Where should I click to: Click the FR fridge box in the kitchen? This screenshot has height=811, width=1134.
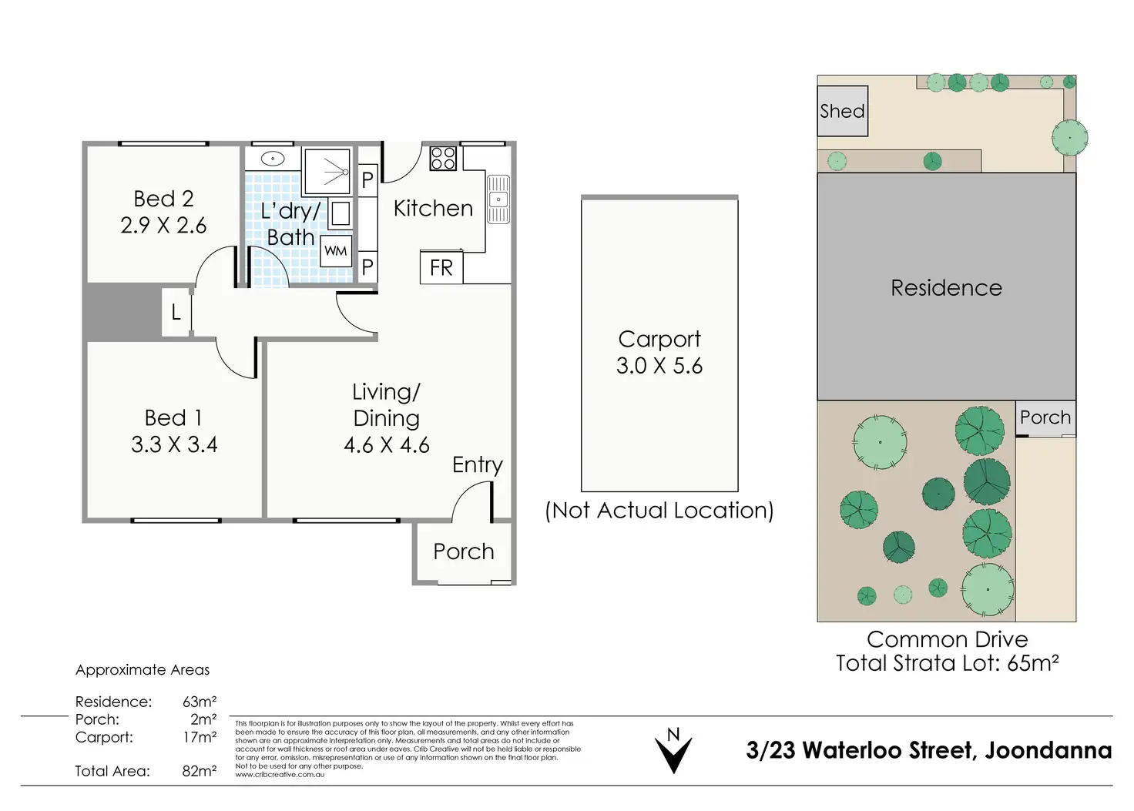pyautogui.click(x=441, y=266)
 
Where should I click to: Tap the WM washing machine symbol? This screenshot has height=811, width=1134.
pyautogui.click(x=336, y=250)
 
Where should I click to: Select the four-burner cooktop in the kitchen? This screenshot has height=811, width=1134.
pyautogui.click(x=443, y=158)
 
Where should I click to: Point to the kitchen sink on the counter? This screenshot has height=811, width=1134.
pyautogui.click(x=498, y=199)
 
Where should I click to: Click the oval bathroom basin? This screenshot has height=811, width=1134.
pyautogui.click(x=273, y=159)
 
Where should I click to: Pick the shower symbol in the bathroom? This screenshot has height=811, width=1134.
pyautogui.click(x=327, y=172)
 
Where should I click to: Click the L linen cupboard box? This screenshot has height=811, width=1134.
pyautogui.click(x=176, y=313)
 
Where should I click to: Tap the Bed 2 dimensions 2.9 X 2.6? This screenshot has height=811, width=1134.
pyautogui.click(x=163, y=225)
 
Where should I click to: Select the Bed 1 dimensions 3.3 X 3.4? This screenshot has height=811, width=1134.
pyautogui.click(x=174, y=444)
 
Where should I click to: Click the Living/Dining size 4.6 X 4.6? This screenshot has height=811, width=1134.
pyautogui.click(x=386, y=445)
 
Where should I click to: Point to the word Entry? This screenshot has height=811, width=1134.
pyautogui.click(x=478, y=465)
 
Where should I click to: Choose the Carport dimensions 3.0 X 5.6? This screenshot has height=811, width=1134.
pyautogui.click(x=659, y=366)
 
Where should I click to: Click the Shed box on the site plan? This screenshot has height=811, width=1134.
pyautogui.click(x=842, y=111)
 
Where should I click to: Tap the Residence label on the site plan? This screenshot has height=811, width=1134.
pyautogui.click(x=946, y=288)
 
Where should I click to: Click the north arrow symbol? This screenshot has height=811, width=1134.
pyautogui.click(x=673, y=750)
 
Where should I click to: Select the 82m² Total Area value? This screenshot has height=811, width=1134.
pyautogui.click(x=200, y=770)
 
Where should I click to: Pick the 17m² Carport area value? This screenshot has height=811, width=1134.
pyautogui.click(x=200, y=736)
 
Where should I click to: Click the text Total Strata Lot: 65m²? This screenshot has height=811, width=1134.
pyautogui.click(x=948, y=663)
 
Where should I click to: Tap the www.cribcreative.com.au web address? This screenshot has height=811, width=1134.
pyautogui.click(x=280, y=774)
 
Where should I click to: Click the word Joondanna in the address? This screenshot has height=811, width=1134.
pyautogui.click(x=1048, y=750)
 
